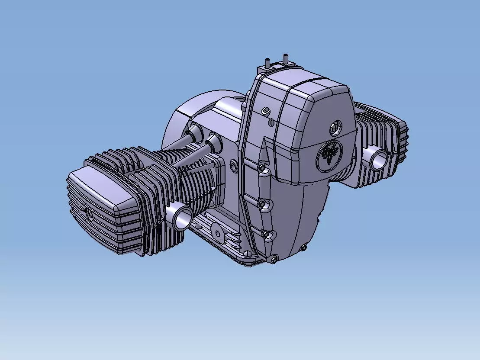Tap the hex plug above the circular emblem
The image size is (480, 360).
pyautogui.click(x=335, y=128)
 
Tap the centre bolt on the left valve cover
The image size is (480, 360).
pyautogui.click(x=89, y=213)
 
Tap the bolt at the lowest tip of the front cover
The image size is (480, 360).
pyautogui.click(x=274, y=259)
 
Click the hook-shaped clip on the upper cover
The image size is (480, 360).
pyautogui.click(x=266, y=112)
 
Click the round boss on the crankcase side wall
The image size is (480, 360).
pyautogui.click(x=234, y=165)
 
